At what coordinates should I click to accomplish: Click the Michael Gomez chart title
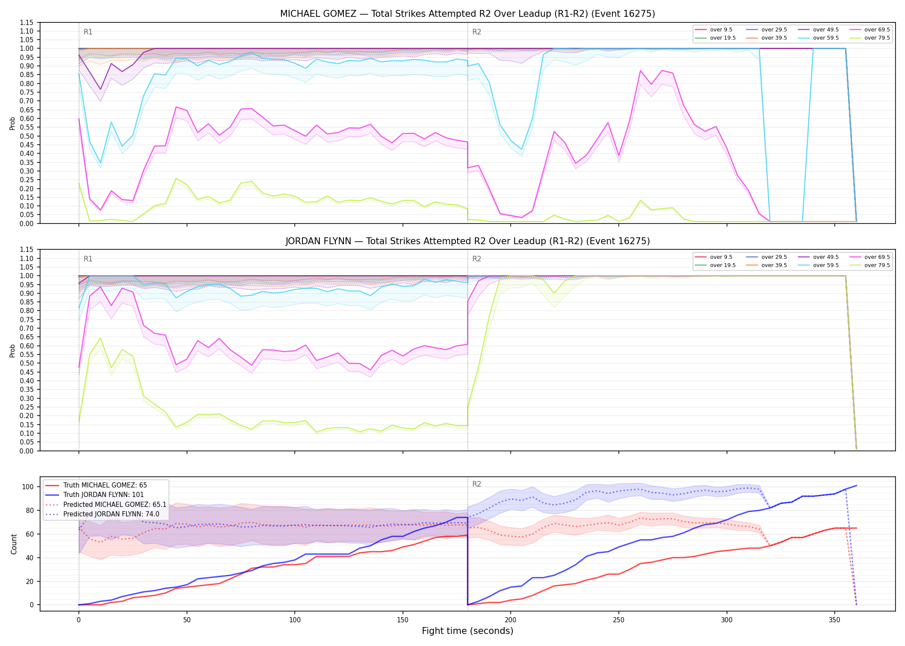pos(468,14)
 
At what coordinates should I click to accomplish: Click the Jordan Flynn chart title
pos(468,241)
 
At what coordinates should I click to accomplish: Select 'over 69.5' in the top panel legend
pos(877,30)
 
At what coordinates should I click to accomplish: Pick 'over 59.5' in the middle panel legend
pos(826,265)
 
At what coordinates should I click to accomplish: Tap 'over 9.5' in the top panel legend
pos(721,30)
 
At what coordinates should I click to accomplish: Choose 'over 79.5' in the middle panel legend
pos(877,265)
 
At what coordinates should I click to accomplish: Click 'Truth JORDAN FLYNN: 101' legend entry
pos(103,495)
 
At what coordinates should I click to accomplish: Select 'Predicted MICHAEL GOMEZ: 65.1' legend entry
pos(115,504)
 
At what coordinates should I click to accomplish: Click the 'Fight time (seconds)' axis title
pos(468,631)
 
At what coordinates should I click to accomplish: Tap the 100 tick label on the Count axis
pos(28,487)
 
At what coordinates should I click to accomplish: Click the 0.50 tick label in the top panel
pos(27,136)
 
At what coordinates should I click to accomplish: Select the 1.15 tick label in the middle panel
pos(27,250)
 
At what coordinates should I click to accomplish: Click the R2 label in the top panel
pos(477,32)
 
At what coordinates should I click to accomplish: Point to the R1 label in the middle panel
pos(88,259)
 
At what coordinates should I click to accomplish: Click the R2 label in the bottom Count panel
pos(477,484)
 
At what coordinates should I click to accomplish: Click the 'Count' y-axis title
pos(14,544)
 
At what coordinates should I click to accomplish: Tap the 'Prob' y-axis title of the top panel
pos(12,123)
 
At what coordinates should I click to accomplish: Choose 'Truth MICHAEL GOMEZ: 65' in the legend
pos(105,485)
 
